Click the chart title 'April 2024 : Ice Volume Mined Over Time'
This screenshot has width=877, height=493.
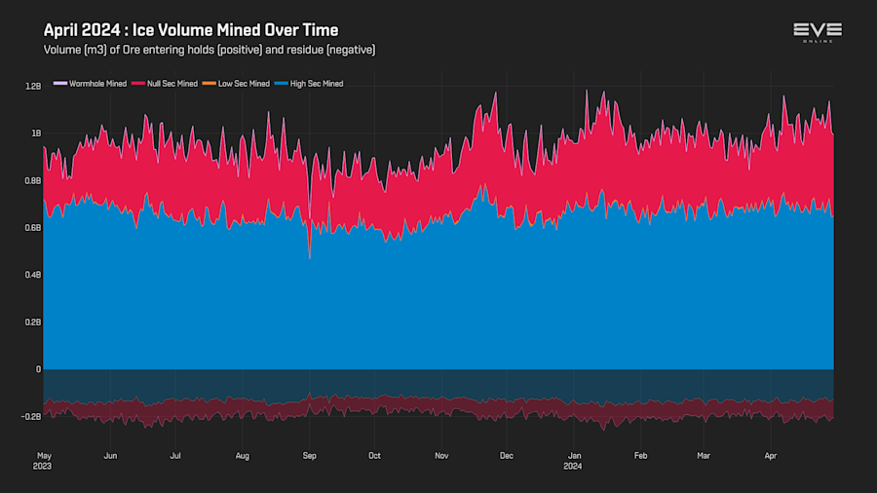click(x=191, y=30)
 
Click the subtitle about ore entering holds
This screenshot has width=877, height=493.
click(x=210, y=50)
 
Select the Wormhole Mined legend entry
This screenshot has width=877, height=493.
click(x=92, y=84)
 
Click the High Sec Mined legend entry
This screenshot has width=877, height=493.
click(x=311, y=84)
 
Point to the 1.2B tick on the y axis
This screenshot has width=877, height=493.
click(x=33, y=86)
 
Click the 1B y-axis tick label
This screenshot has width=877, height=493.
click(x=36, y=133)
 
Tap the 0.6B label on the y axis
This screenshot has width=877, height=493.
click(x=33, y=228)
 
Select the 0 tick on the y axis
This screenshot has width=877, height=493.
click(x=39, y=369)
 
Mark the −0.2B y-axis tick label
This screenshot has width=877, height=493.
click(x=31, y=416)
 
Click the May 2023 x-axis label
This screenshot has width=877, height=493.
click(x=44, y=460)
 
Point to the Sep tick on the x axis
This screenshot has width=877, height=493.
click(x=310, y=455)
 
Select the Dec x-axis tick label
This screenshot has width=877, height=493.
click(x=506, y=455)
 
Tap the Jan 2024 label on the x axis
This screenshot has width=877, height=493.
click(x=575, y=460)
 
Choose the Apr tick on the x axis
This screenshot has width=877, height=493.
click(x=770, y=455)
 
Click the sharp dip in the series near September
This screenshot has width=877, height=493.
click(x=310, y=256)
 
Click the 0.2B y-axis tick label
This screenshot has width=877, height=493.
click(x=33, y=322)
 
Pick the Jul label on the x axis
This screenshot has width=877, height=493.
click(x=175, y=455)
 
